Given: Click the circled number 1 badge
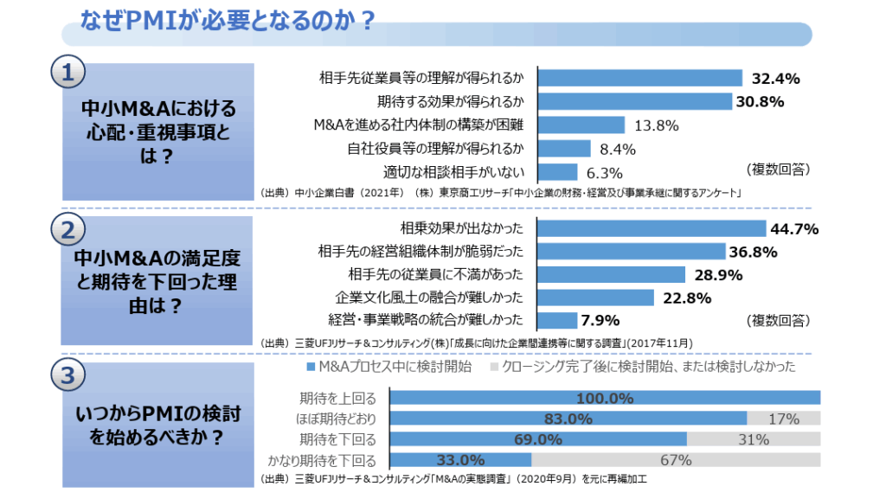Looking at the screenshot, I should tap(67, 73).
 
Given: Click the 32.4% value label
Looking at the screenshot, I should tap(774, 79).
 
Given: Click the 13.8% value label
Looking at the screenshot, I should tap(656, 125).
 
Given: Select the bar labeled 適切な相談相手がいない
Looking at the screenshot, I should tap(557, 171).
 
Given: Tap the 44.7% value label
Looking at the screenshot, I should tap(794, 229).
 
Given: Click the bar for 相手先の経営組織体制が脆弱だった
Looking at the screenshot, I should tap(631, 252).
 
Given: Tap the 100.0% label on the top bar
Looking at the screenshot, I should tap(605, 398).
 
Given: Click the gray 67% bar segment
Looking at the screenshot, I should tap(676, 460).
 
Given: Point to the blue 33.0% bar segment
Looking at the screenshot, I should tap(460, 460).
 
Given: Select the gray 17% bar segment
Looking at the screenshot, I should tap(783, 419).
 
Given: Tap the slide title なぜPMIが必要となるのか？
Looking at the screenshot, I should tap(227, 18).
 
